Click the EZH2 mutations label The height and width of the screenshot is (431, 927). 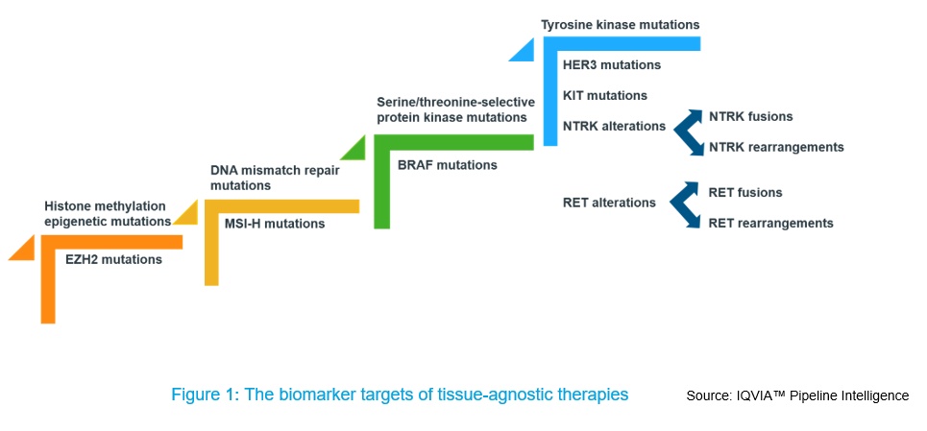[113, 259]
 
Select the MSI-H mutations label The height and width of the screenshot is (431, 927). [275, 224]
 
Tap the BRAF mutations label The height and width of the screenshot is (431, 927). [448, 165]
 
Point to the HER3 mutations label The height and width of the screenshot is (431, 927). [612, 65]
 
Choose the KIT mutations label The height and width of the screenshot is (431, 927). [605, 95]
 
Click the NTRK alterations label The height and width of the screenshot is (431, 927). [614, 126]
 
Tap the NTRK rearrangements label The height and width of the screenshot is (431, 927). [776, 147]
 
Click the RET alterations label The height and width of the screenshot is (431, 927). [610, 203]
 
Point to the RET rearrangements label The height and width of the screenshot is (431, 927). [771, 223]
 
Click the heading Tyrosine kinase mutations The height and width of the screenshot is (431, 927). [621, 25]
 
